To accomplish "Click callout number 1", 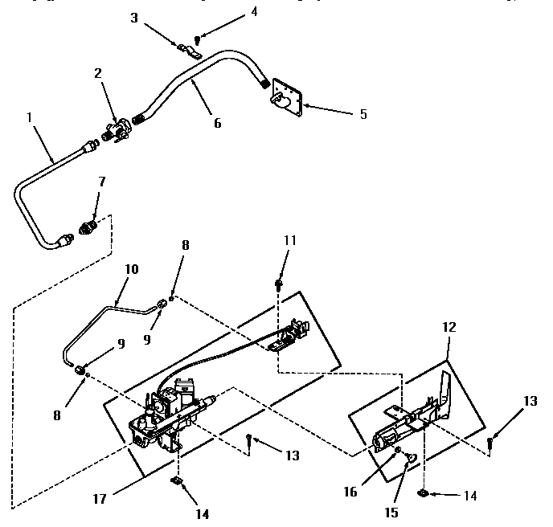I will pos(30,116).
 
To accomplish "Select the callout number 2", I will pos(97,73).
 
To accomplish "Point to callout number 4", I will pos(231,11).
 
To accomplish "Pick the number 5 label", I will pos(363,114).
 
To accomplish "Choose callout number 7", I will pos(101,183).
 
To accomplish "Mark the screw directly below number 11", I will pos(279,282).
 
